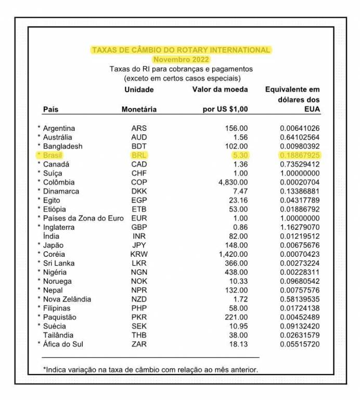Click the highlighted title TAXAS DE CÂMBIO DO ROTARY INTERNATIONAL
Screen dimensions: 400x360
[181, 51]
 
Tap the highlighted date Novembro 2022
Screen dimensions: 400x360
[181, 59]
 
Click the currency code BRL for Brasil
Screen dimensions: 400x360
[139, 155]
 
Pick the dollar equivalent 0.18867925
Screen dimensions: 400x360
[298, 155]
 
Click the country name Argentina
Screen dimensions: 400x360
[59, 128]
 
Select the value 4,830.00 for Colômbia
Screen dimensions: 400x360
[233, 182]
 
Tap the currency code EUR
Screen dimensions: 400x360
[139, 218]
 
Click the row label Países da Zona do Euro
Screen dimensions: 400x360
[83, 218]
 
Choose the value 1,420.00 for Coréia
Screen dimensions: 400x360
[233, 254]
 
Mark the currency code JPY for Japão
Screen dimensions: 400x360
[139, 245]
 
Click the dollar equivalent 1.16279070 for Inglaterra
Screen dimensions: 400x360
[298, 227]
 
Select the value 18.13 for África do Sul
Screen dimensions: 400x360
[238, 344]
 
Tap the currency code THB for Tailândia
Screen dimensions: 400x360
[139, 335]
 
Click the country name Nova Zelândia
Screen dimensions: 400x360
[67, 299]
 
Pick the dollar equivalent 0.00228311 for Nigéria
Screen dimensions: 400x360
[298, 272]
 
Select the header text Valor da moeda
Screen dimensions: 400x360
[220, 90]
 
